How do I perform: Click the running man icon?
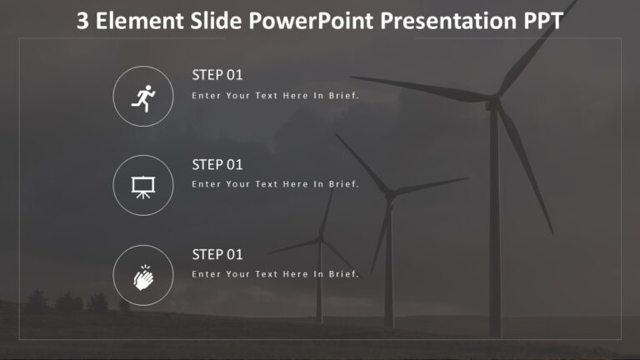143,97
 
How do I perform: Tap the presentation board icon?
143,186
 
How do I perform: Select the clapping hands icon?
143,276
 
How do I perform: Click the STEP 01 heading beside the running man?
217,75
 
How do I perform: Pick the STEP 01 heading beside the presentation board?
217,164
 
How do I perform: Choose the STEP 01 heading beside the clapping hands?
217,254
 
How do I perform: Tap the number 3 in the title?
82,22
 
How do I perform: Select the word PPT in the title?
540,22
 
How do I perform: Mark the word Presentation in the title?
447,22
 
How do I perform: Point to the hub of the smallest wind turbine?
319,242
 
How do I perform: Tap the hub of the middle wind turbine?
388,193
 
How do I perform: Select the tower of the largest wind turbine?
495,233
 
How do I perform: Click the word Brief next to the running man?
343,96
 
